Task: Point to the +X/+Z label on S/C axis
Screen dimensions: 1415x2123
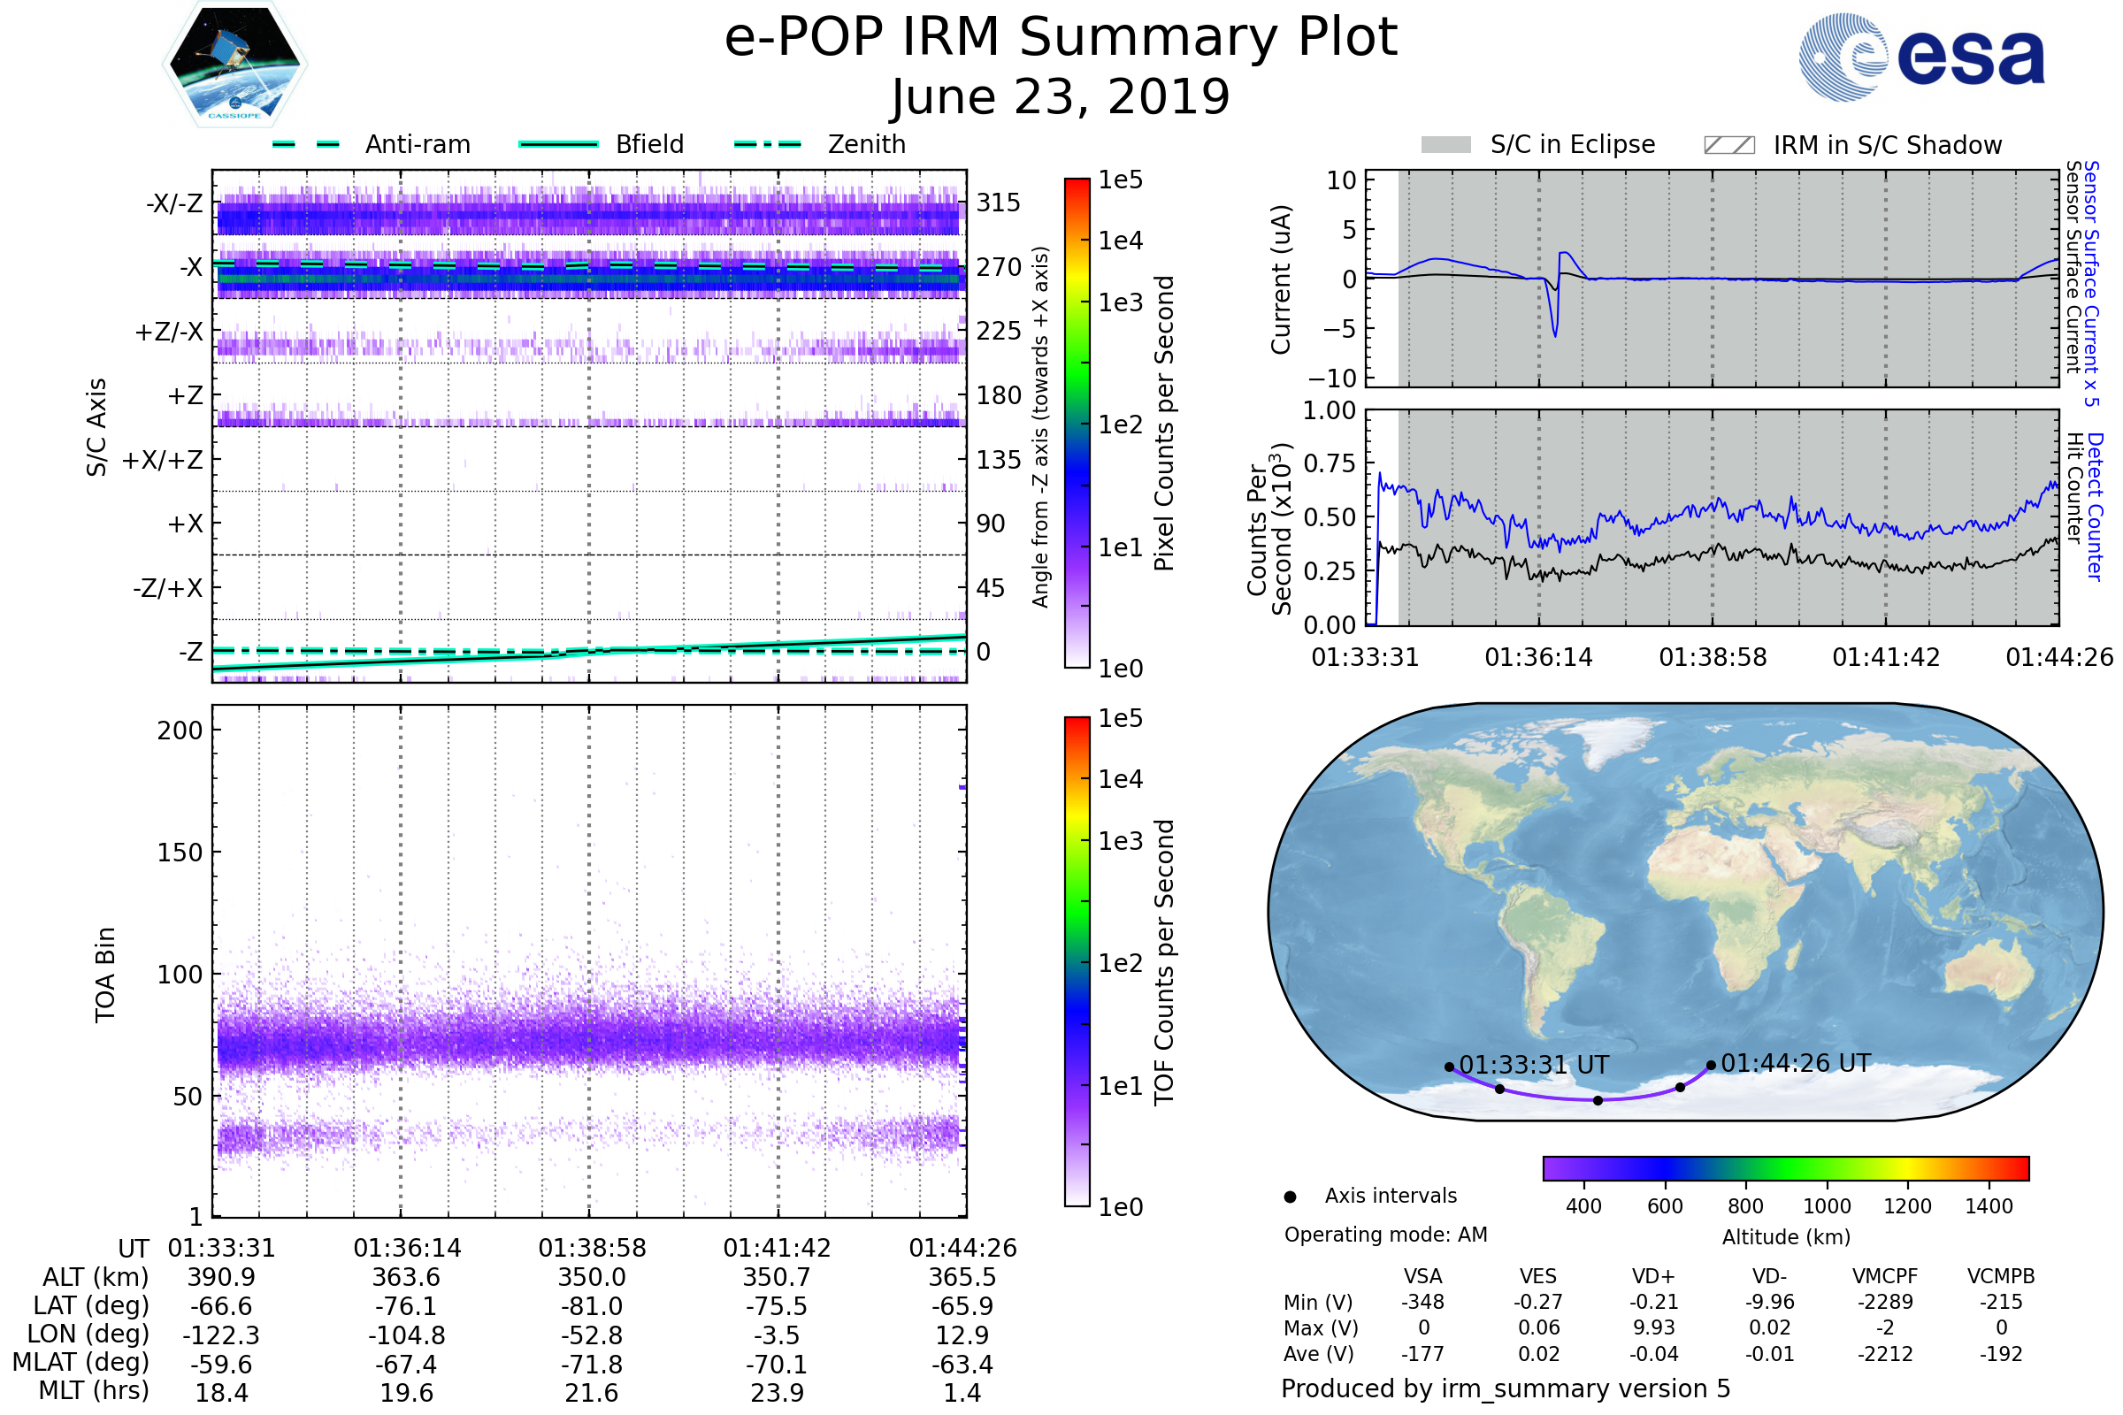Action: pyautogui.click(x=163, y=460)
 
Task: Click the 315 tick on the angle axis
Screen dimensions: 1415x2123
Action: pyautogui.click(x=998, y=203)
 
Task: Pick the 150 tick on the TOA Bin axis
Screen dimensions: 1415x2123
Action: pyautogui.click(x=180, y=853)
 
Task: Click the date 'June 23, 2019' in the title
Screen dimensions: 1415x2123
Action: pyautogui.click(x=1060, y=96)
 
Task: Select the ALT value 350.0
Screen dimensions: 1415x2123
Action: pyautogui.click(x=591, y=1278)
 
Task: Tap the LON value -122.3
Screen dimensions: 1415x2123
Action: pyautogui.click(x=221, y=1335)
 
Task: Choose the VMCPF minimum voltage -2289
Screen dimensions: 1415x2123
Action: pyautogui.click(x=1885, y=1302)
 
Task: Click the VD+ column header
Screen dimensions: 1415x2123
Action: pyautogui.click(x=1652, y=1277)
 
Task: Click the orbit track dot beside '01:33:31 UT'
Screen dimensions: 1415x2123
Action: pyautogui.click(x=1449, y=1067)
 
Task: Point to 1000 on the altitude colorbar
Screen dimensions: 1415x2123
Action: pyautogui.click(x=1826, y=1206)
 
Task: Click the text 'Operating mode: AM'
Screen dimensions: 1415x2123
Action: pyautogui.click(x=1384, y=1235)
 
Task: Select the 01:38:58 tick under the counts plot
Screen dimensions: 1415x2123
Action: pyautogui.click(x=1713, y=657)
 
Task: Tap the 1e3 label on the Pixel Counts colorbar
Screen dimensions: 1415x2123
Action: pyautogui.click(x=1120, y=303)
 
